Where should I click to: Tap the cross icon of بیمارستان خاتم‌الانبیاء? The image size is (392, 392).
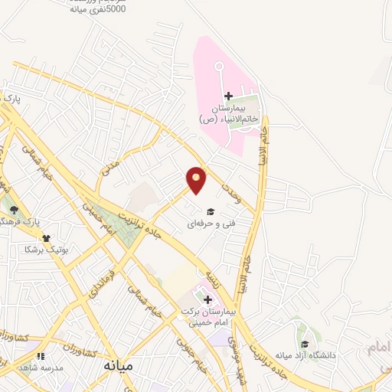tap(228, 95)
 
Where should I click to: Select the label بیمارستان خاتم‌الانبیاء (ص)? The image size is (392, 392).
tap(228, 114)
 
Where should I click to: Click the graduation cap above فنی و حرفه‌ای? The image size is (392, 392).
tap(210, 212)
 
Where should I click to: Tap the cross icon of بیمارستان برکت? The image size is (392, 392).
tap(207, 299)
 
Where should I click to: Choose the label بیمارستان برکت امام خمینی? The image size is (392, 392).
tap(208, 318)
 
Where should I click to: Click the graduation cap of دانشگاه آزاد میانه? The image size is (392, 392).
tap(305, 344)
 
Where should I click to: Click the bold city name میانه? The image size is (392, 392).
tap(118, 366)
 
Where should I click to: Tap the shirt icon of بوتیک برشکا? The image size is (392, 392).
tap(47, 238)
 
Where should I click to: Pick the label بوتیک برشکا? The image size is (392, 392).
tap(47, 250)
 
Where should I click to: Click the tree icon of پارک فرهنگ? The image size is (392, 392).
tap(13, 209)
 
